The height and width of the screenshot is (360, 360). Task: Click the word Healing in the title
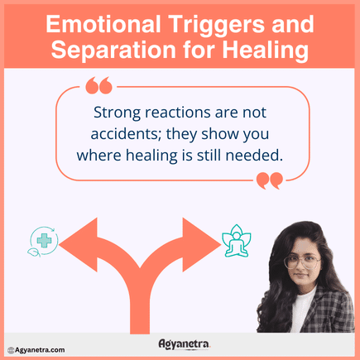[264, 50]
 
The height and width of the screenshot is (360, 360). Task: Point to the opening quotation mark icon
[98, 84]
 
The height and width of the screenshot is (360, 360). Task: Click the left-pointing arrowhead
[79, 240]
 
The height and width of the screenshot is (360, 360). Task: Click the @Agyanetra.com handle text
[36, 350]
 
